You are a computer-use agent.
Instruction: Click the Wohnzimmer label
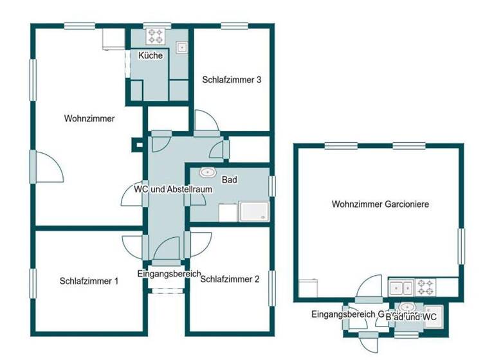(89, 119)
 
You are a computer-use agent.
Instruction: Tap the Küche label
(151, 56)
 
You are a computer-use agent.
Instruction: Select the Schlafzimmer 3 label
(231, 80)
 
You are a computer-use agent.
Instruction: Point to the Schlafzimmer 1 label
(89, 281)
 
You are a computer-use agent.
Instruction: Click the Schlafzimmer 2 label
(230, 280)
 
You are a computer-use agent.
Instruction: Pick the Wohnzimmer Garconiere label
(380, 204)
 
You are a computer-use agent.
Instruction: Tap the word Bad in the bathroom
(230, 180)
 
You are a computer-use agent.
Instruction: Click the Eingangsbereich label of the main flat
(170, 273)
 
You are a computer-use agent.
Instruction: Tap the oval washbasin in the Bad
(208, 172)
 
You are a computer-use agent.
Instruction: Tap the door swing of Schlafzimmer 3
(205, 121)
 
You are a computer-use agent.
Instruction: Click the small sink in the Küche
(182, 47)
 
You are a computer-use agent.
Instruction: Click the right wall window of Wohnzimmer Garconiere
(461, 246)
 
